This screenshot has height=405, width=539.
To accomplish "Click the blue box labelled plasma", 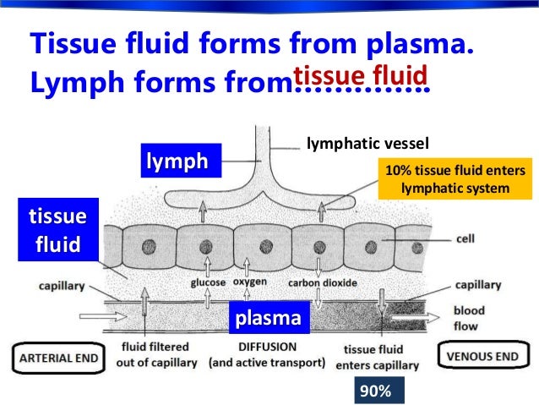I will (x=268, y=319).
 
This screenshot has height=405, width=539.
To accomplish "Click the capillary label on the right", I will (x=479, y=284).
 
